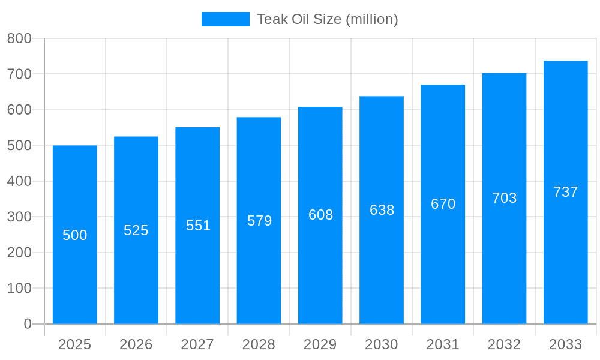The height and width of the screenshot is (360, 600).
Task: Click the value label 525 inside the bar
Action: (x=136, y=230)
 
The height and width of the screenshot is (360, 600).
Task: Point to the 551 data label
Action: (x=198, y=226)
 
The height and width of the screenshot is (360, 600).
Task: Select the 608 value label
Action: (x=320, y=215)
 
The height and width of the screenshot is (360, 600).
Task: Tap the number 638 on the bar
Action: (x=382, y=210)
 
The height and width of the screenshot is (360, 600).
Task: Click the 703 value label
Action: (x=504, y=198)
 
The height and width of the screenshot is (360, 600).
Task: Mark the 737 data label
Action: (x=565, y=192)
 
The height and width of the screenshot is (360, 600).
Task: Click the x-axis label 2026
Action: (x=136, y=344)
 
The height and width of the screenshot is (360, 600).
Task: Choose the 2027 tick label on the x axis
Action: (x=197, y=344)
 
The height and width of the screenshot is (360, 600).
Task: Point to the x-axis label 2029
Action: (x=320, y=344)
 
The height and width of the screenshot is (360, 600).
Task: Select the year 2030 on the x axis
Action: (x=382, y=344)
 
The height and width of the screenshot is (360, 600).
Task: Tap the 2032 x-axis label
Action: (x=504, y=344)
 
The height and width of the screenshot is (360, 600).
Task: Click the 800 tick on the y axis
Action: (x=19, y=38)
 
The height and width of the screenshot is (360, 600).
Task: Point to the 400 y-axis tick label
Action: (x=19, y=181)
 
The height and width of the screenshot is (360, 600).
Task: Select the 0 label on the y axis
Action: (x=28, y=324)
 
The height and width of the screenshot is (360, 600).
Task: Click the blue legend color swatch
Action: (x=225, y=19)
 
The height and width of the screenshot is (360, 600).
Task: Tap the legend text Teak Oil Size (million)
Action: (x=327, y=19)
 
